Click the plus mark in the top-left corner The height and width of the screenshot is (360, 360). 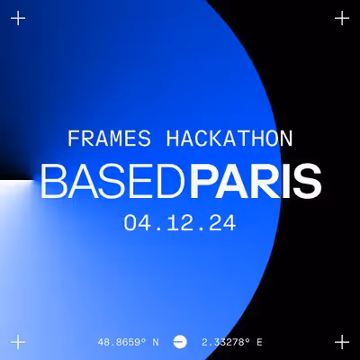tap(18, 18)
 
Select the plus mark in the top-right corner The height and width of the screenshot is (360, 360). tap(341, 18)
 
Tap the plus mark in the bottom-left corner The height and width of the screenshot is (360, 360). tap(18, 341)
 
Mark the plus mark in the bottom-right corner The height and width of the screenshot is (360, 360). tap(341, 341)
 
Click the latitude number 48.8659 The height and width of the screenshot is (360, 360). tap(122, 342)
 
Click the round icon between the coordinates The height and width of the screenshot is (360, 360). tap(179, 342)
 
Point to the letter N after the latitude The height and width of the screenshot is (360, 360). tap(156, 342)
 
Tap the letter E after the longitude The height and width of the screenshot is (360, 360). tap(259, 342)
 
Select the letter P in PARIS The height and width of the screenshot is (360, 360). tap(202, 182)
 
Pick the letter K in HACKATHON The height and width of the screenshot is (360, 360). tap(212, 139)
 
